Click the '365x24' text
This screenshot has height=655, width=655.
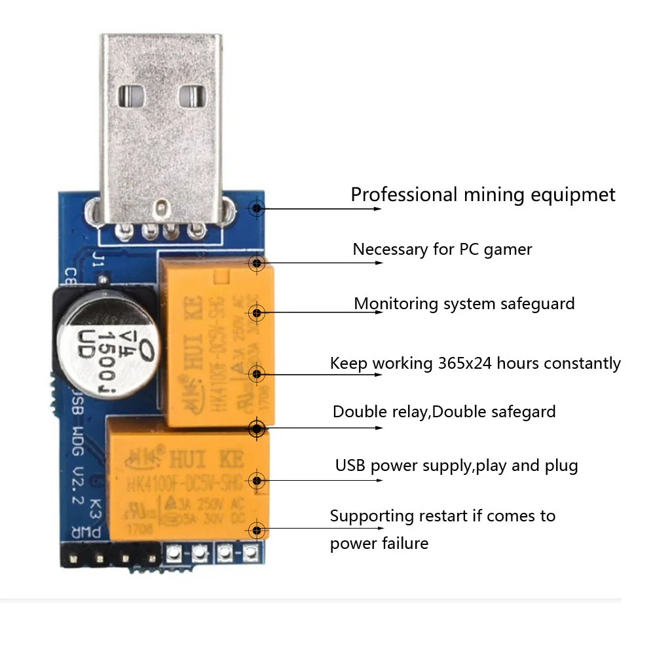465,364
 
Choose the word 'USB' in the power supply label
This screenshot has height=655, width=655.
351,466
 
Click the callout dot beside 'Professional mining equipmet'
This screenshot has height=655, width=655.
257,208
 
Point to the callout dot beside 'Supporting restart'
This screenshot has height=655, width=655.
257,531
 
